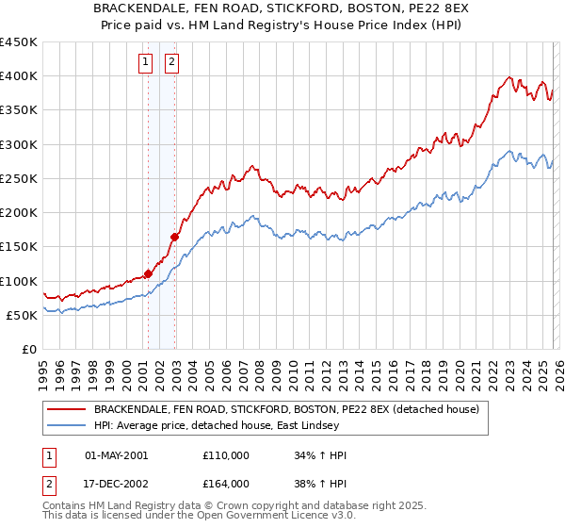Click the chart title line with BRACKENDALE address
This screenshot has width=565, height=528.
[283, 8]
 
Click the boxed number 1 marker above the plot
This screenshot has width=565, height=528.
[147, 63]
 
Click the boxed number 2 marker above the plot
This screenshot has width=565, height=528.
[173, 63]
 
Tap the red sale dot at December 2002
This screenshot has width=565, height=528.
[175, 237]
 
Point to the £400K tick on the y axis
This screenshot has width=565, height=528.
[21, 76]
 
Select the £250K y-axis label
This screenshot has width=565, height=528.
[21, 178]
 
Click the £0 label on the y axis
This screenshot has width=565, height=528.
[28, 349]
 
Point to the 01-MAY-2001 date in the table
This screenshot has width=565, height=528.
[116, 455]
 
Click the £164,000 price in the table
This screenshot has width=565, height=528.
[226, 484]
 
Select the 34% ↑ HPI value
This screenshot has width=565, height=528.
[321, 455]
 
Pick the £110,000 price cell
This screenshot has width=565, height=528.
[226, 455]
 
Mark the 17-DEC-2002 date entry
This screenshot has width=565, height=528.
[116, 484]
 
